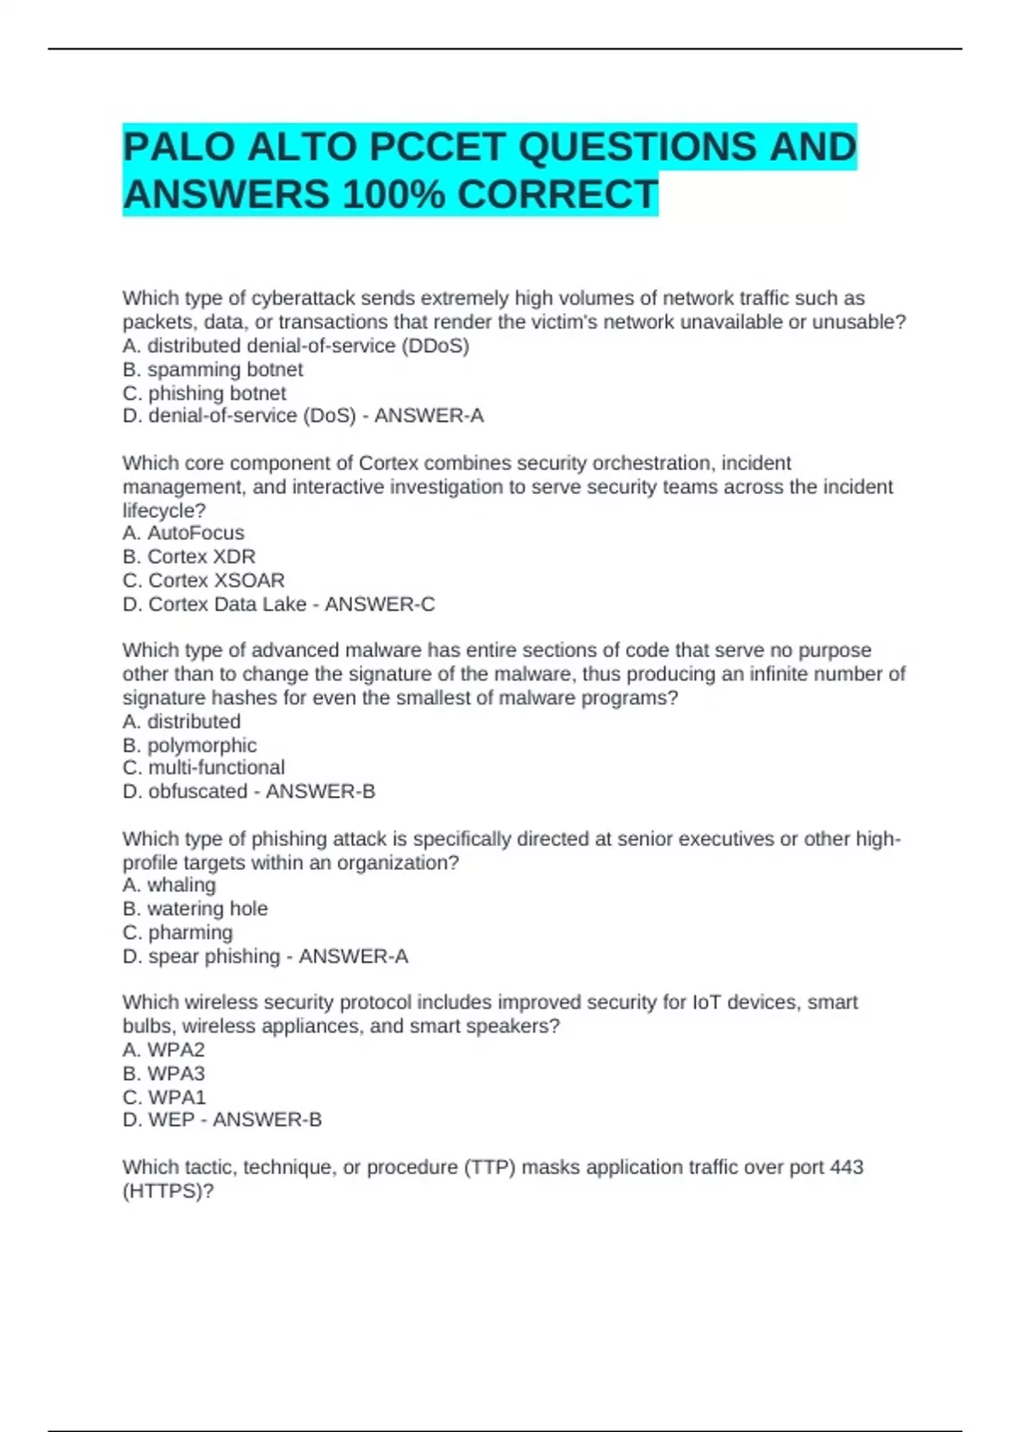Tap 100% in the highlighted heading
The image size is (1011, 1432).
pos(393,195)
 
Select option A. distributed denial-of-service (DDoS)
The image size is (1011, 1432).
pos(296,345)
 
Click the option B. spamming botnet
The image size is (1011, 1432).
pos(212,369)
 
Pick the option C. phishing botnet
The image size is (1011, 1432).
pos(205,393)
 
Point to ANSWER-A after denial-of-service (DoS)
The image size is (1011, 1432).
pos(429,415)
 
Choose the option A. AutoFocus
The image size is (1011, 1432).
pos(184,532)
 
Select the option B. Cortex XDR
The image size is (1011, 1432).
pos(189,556)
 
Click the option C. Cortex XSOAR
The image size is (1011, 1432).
pos(204,580)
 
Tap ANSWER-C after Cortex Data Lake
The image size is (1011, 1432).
pos(380,604)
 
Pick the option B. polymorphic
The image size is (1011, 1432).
pos(190,745)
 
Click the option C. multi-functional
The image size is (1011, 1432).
pos(204,767)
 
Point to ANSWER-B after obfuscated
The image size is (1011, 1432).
pos(320,791)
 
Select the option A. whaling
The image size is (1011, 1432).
pos(169,884)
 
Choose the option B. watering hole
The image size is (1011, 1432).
pos(195,908)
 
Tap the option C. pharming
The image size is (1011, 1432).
pos(178,932)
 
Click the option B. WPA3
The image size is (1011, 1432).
pos(163,1073)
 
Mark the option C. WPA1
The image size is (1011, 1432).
pos(164,1097)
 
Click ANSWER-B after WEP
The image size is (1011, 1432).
pos(267,1119)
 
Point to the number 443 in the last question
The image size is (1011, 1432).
pos(846,1167)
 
